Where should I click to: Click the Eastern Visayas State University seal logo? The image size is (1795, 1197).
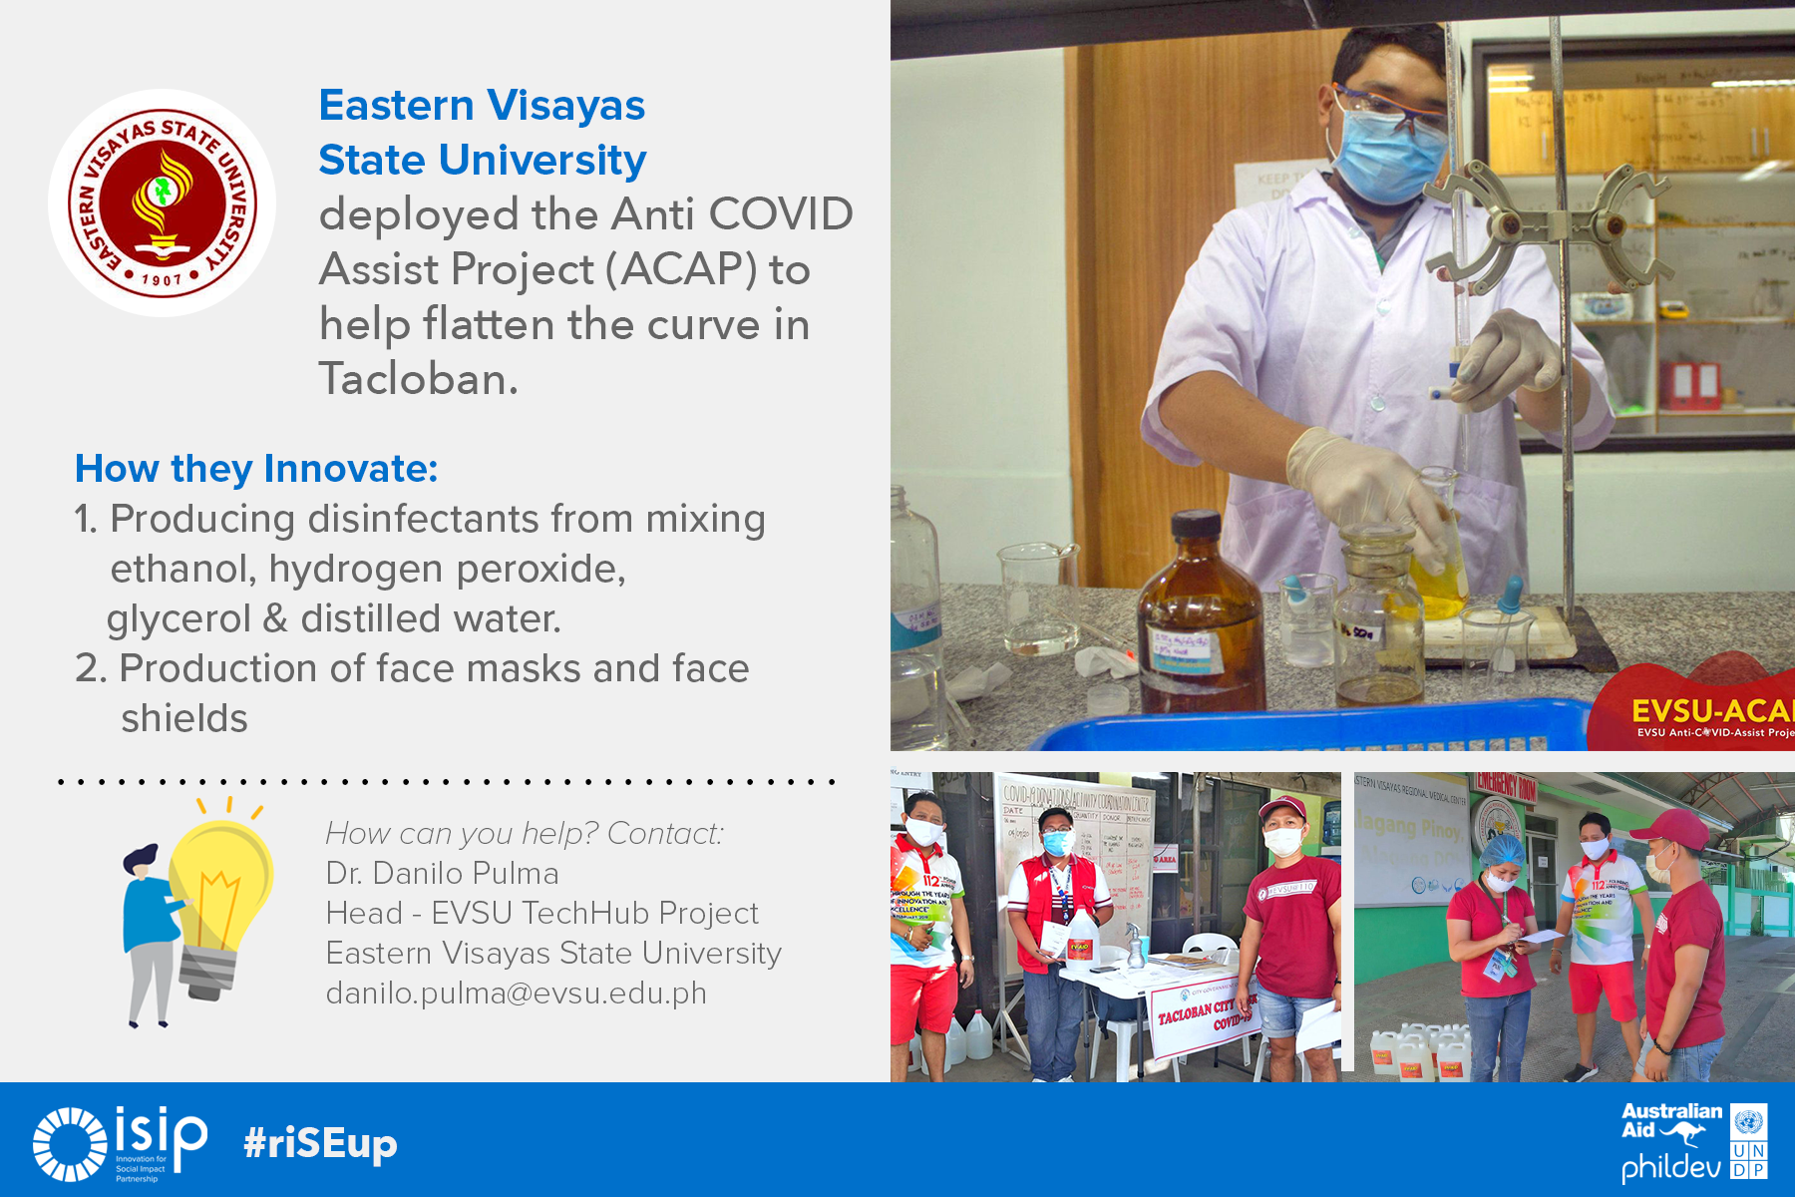[x=163, y=203]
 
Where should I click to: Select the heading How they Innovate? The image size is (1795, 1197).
[x=256, y=469]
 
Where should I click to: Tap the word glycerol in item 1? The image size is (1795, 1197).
[x=179, y=619]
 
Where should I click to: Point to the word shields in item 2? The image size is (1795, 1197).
[x=184, y=719]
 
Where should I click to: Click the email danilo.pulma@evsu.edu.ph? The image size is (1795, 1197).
[x=516, y=994]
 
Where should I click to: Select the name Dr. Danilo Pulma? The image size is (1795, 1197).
[x=442, y=874]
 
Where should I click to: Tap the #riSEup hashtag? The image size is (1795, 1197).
[x=320, y=1143]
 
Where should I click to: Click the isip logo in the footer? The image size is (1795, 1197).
[x=121, y=1143]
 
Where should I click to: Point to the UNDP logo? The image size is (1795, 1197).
[x=1748, y=1141]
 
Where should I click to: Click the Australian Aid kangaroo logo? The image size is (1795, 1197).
[x=1671, y=1122]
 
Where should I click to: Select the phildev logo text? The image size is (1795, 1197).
[x=1670, y=1166]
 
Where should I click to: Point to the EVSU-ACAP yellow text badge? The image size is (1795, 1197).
[x=1711, y=711]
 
